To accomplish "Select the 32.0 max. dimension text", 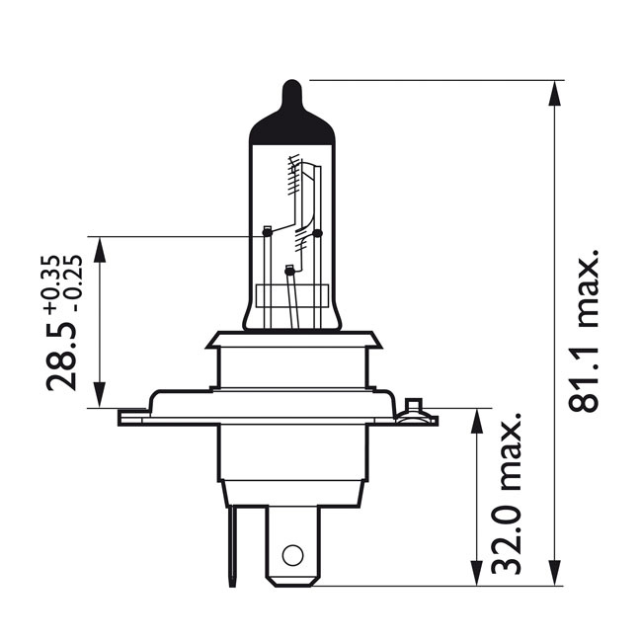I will (x=508, y=500).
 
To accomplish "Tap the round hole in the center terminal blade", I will (x=291, y=553).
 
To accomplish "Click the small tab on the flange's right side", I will (x=414, y=406).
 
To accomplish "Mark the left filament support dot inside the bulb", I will (x=267, y=233).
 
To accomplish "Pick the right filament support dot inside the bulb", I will (x=317, y=233).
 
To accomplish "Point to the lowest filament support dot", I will (x=288, y=270).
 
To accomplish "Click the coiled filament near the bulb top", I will (x=293, y=178).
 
